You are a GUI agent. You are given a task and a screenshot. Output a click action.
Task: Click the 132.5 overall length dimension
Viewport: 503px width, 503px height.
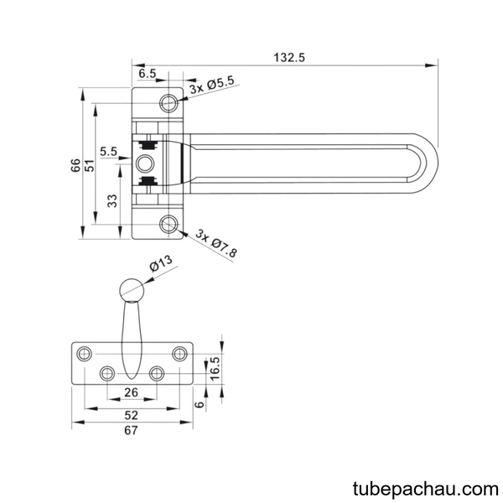point(289,58)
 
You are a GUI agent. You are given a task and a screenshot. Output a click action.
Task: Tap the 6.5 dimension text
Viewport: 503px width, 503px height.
point(148,74)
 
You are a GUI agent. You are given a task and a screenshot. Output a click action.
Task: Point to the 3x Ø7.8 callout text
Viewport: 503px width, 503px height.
point(216,243)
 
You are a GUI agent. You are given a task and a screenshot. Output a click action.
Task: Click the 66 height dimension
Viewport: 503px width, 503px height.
point(75,165)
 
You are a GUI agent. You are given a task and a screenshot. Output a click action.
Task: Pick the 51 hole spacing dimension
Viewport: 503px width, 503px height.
point(91,165)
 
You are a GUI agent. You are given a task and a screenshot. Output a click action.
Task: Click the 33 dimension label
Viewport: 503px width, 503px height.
point(112,201)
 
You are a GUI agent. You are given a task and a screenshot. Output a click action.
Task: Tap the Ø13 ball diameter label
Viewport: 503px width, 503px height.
point(161,263)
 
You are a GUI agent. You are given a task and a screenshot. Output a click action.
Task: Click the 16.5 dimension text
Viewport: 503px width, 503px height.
point(215,369)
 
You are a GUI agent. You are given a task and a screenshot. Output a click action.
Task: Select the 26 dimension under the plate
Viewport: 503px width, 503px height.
point(131,392)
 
